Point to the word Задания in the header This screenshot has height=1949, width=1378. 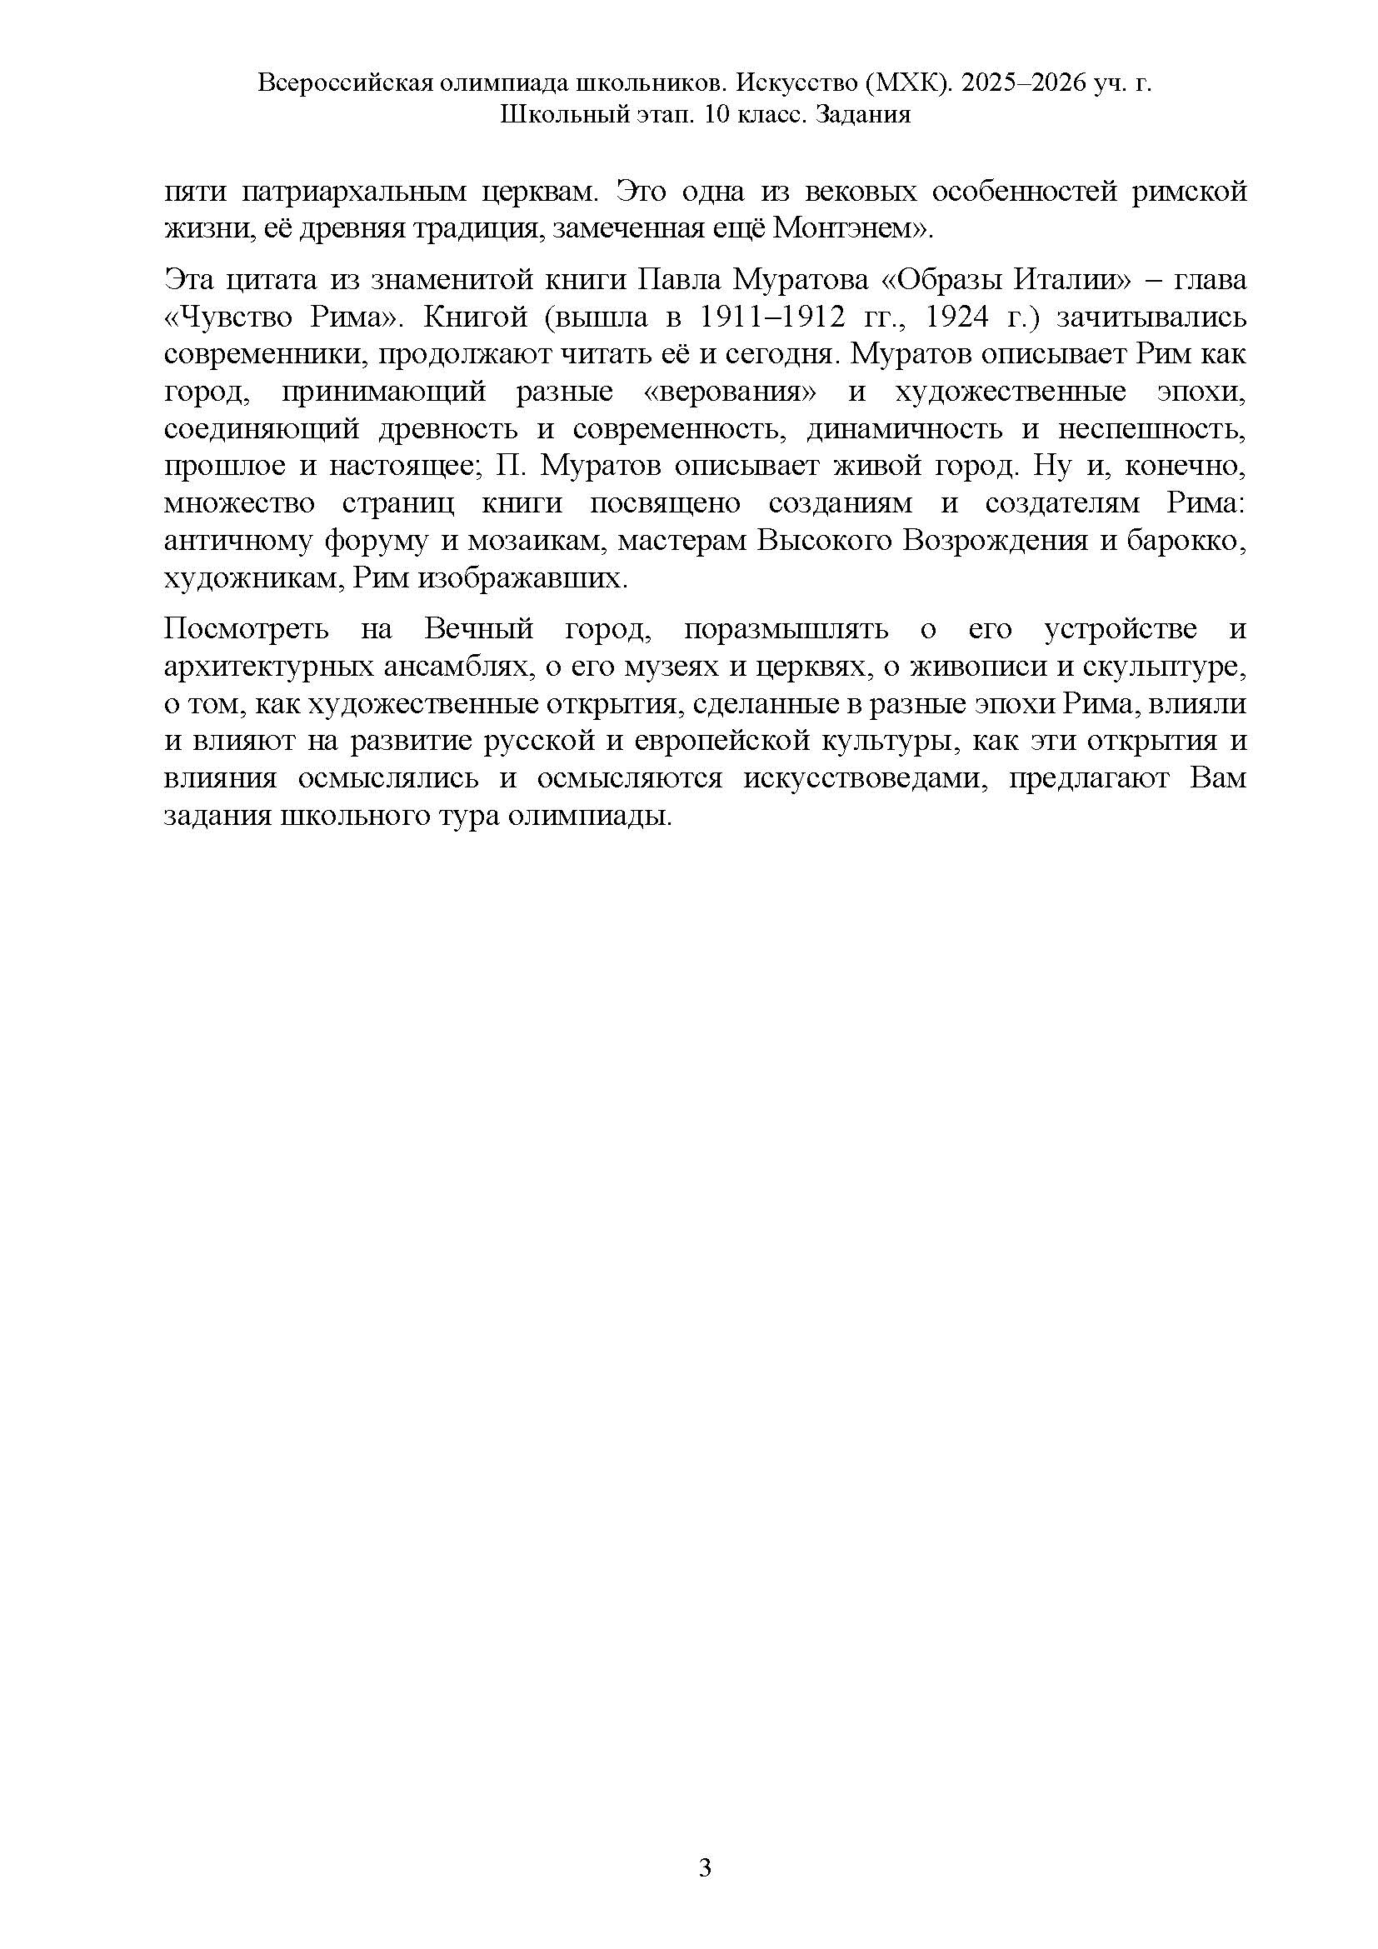pos(862,115)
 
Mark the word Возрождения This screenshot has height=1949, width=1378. pos(995,541)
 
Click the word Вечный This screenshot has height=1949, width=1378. pos(478,629)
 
